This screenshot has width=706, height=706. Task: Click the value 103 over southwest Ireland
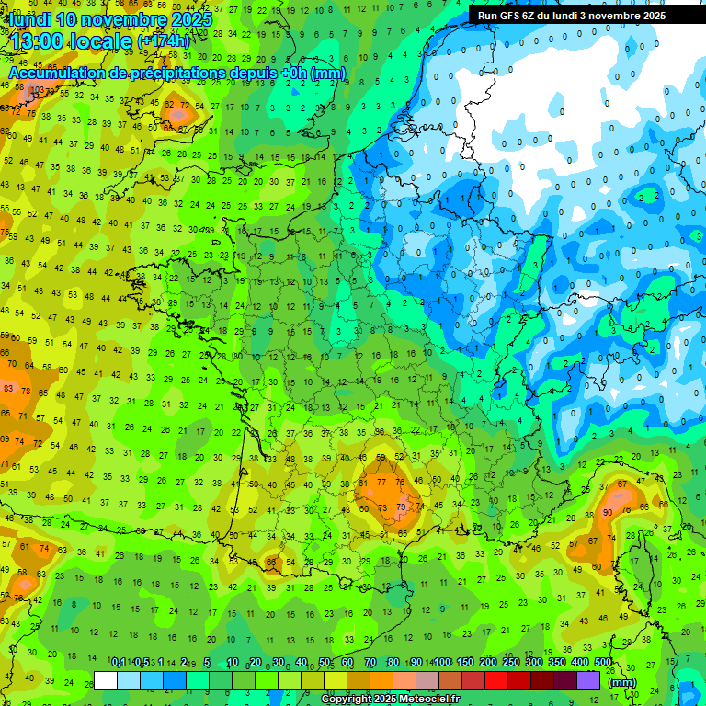[x=36, y=90]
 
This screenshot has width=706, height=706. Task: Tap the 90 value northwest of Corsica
[x=608, y=512]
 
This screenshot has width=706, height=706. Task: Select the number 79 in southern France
[x=400, y=507]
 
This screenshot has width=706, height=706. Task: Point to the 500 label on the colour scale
[x=603, y=663]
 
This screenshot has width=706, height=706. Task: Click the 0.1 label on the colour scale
[x=119, y=663]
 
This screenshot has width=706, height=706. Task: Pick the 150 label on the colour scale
[x=465, y=663]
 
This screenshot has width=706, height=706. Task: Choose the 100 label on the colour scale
[x=442, y=663]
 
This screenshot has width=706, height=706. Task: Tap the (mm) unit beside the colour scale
[x=622, y=682]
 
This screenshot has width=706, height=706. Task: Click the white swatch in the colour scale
[x=106, y=681]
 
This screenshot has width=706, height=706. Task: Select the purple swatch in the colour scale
[x=588, y=681]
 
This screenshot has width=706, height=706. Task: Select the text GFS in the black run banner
[x=511, y=16]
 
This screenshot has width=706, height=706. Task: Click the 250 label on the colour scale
[x=511, y=663]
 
